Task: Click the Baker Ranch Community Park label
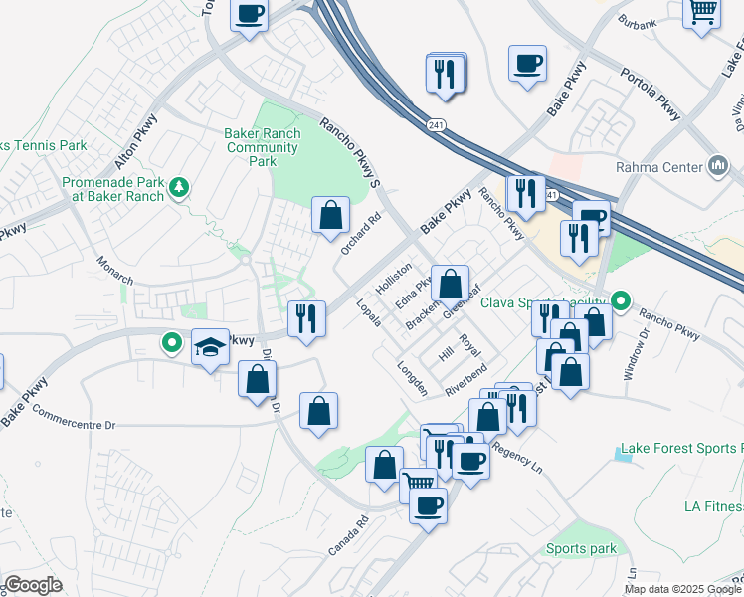pyautogui.click(x=262, y=148)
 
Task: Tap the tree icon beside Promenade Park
pyautogui.click(x=179, y=187)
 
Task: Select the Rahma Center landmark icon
pyautogui.click(x=719, y=165)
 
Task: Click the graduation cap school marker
pyautogui.click(x=209, y=347)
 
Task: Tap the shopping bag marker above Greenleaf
pyautogui.click(x=450, y=283)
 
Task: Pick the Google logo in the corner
pyautogui.click(x=33, y=585)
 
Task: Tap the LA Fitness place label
pyautogui.click(x=713, y=506)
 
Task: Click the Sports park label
pyautogui.click(x=581, y=548)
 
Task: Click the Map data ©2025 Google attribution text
pyautogui.click(x=682, y=588)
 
